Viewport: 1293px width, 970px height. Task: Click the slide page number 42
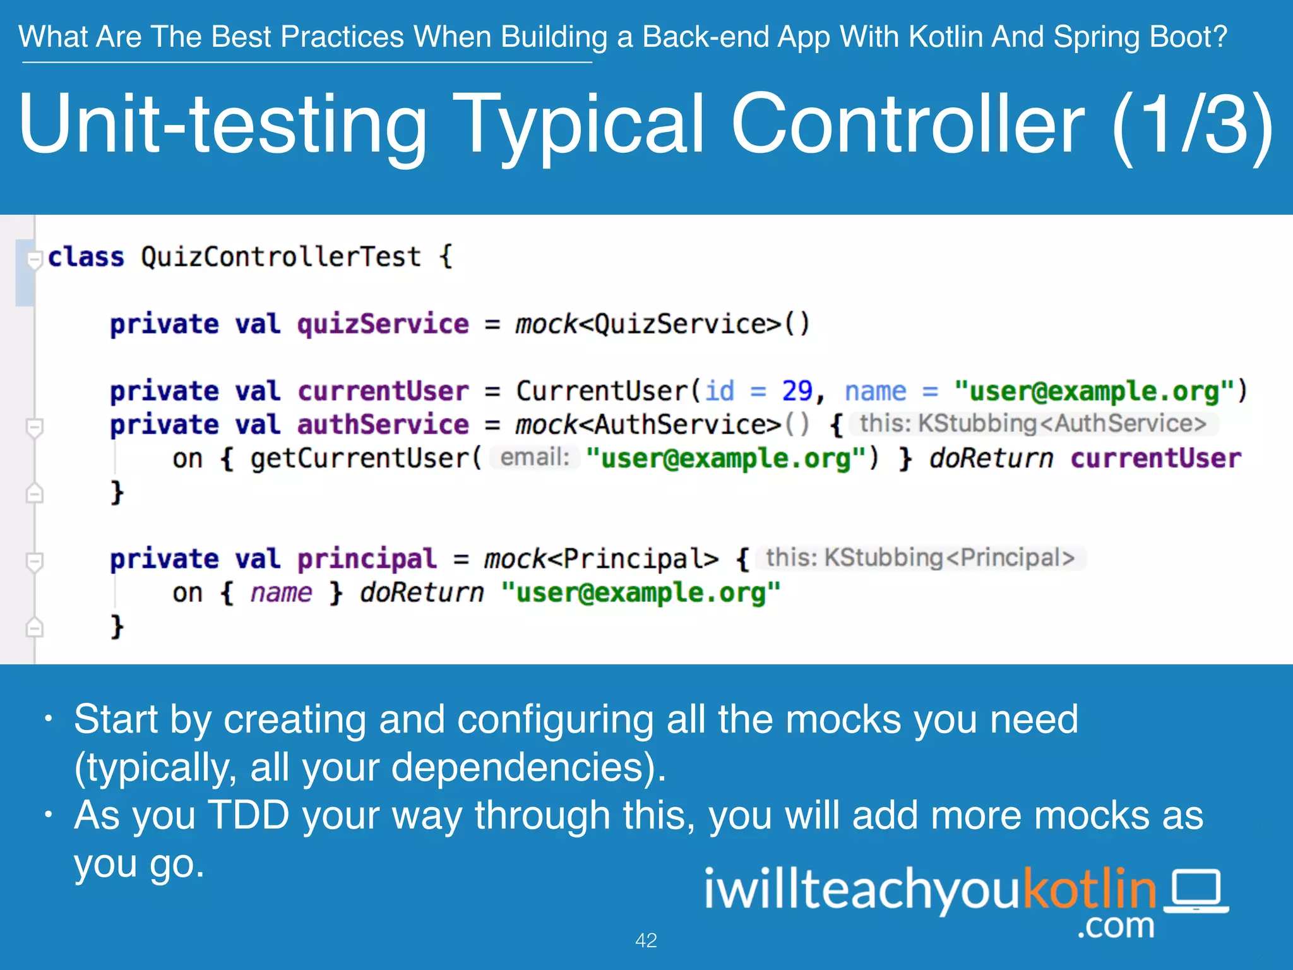pos(646,940)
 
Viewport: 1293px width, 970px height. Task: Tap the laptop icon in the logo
pos(1196,891)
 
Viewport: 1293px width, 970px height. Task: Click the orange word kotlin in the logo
pos(1089,889)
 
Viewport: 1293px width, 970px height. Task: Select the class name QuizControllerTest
pos(281,257)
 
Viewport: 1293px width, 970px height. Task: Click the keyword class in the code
pos(86,257)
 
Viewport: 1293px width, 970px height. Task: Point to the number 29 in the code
pos(797,391)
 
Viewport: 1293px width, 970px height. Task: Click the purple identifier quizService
pos(383,324)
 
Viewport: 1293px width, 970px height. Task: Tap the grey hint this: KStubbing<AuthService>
pos(1033,424)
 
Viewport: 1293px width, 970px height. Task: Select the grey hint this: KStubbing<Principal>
pos(920,558)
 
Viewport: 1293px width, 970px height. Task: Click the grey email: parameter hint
pos(535,457)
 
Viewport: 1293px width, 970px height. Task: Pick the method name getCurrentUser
pos(361,458)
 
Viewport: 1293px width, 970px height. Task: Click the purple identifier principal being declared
pos(367,559)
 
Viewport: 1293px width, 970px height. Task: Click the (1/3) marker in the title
pos(1192,124)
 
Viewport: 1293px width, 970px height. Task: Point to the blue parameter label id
pos(720,391)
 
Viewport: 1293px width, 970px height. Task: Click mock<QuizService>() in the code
pos(662,325)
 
